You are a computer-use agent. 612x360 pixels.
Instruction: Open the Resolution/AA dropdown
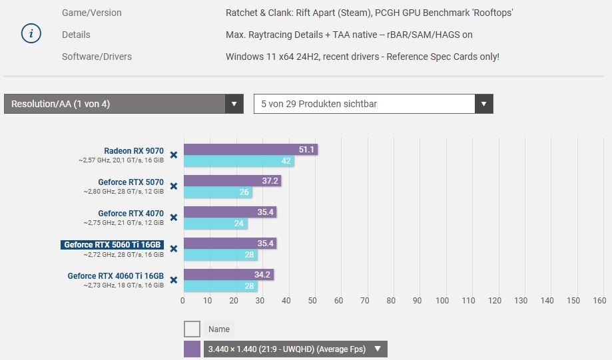pos(123,104)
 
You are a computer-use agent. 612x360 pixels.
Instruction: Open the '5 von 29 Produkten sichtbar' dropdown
pos(373,104)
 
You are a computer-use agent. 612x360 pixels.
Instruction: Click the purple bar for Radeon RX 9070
pos(250,150)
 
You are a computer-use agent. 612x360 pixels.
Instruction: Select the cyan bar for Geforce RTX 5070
pos(218,192)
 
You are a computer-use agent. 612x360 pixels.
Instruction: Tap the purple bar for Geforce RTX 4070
pos(229,212)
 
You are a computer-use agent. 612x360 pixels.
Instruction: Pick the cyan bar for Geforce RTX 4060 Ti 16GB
pos(220,286)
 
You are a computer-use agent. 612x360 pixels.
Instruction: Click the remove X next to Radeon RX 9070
pos(174,155)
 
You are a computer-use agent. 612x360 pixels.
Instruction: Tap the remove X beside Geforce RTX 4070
pos(174,218)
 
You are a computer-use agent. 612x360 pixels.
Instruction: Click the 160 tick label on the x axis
pos(599,300)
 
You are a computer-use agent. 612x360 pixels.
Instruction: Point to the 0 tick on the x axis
pos(183,300)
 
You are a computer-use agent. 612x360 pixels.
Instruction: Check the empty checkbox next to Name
pos(192,329)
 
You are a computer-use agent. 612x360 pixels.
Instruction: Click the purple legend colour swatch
pos(192,349)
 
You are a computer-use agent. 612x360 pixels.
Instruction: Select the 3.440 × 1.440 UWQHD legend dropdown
pos(295,349)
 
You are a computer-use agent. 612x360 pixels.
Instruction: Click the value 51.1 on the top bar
pos(306,150)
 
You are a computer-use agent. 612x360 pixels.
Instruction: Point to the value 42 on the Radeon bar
pos(286,161)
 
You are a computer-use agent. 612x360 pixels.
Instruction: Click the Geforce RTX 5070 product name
pos(131,182)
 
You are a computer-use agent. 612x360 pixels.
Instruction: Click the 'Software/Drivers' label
pos(97,57)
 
